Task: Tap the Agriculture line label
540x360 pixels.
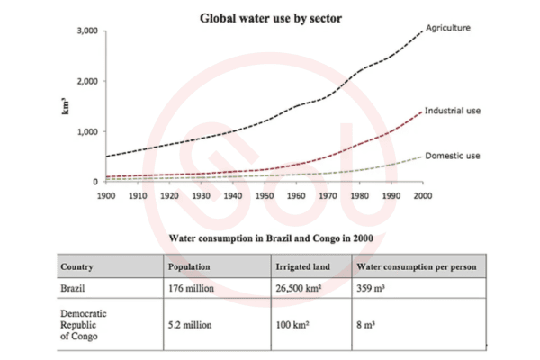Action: [449, 27]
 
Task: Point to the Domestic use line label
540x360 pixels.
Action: [453, 156]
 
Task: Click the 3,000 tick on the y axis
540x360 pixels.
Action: [86, 31]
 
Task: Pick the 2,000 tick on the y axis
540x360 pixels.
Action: [86, 82]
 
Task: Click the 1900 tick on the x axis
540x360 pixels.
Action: [105, 194]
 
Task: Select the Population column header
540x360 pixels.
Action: [189, 267]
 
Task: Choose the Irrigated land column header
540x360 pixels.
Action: [303, 267]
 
